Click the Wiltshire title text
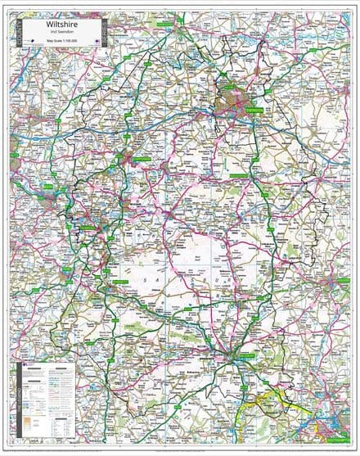tap(62, 25)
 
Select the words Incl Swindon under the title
tap(62, 34)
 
